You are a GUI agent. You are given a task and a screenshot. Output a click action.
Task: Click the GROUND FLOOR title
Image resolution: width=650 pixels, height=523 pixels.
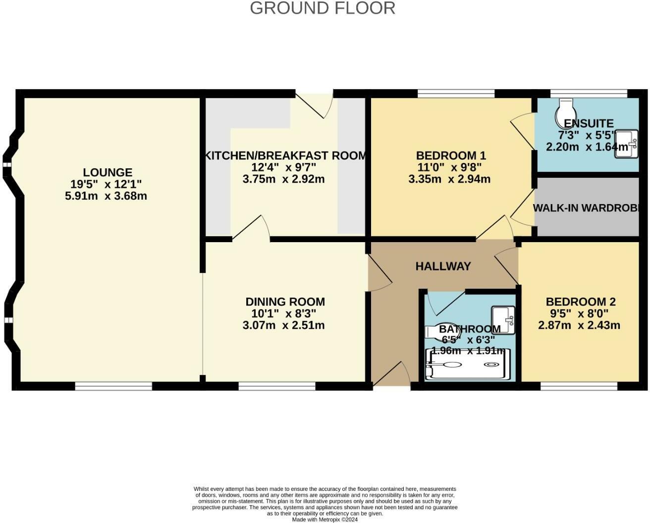[x=323, y=8]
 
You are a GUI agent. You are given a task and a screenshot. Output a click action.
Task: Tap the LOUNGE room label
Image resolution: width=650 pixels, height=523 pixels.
[x=108, y=172]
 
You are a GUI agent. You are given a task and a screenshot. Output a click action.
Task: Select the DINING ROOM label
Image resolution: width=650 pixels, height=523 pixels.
[x=285, y=302]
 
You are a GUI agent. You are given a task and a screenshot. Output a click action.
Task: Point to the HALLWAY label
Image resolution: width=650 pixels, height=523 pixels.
[x=443, y=266]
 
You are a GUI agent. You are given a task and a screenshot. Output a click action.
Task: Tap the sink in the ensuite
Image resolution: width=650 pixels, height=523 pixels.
[x=626, y=144]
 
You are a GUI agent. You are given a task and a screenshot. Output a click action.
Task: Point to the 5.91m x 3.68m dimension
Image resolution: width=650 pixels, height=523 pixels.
[x=106, y=196]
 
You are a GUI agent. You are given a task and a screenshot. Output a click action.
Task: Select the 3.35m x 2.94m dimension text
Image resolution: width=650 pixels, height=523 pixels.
[x=449, y=179]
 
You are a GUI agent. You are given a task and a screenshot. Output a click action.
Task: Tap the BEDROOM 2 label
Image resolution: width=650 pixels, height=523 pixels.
[x=580, y=302]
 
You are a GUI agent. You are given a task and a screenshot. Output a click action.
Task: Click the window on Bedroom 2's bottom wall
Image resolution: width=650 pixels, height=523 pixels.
[x=579, y=386]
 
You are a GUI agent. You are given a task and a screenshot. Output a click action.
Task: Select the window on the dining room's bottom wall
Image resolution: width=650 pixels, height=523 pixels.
[x=277, y=386]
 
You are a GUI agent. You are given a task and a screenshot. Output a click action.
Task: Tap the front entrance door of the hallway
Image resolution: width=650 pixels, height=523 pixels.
[x=391, y=375]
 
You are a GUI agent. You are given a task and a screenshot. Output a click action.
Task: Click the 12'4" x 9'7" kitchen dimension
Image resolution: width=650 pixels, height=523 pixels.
[x=284, y=167]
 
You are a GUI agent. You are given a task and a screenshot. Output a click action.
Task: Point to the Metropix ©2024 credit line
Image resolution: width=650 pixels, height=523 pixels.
[x=325, y=520]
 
